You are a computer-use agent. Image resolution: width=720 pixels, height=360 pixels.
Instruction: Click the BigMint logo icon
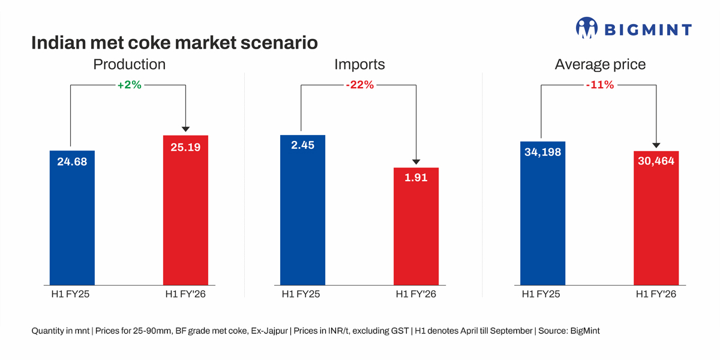point(587,28)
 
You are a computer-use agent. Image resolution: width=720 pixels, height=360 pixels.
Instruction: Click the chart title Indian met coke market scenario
point(174,44)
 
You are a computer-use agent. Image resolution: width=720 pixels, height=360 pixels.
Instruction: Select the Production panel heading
point(129,64)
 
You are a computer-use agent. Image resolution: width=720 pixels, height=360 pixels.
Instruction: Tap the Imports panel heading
point(359,64)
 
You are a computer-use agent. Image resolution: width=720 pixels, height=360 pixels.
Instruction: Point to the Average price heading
point(600,64)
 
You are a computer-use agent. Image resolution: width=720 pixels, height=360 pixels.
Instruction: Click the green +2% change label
point(129,85)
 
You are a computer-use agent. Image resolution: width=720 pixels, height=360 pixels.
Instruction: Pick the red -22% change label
point(359,85)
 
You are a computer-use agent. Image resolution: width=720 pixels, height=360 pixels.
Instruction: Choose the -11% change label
point(600,85)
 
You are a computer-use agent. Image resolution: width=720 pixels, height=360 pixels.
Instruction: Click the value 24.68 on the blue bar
point(72,161)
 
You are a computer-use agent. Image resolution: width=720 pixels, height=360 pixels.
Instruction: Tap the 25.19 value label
point(185,146)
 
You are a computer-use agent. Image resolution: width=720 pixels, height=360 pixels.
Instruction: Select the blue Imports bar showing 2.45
point(302,210)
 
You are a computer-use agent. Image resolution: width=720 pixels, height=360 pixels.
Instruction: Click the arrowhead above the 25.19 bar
point(185,128)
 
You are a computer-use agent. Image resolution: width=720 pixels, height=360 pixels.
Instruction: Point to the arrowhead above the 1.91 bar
point(416,161)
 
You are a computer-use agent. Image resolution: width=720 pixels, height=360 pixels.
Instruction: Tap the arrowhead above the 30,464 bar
point(656,145)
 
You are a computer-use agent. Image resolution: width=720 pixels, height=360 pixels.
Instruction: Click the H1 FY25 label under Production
point(70,294)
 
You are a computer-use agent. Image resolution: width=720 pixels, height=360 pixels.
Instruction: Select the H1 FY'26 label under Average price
point(656,294)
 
